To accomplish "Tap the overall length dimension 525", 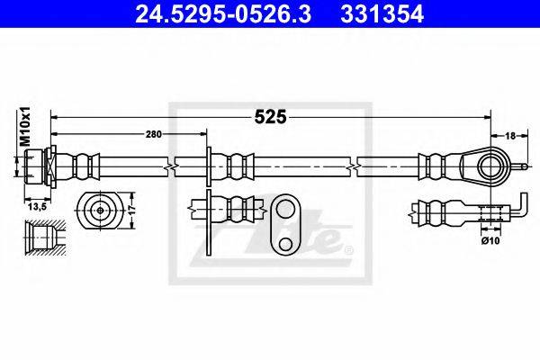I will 271,115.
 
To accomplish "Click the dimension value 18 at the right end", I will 510,136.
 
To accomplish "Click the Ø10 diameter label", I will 490,238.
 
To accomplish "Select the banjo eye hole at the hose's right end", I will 489,166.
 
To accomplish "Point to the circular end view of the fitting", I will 97,211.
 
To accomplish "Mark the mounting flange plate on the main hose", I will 210,166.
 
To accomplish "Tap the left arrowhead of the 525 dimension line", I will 55,116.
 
